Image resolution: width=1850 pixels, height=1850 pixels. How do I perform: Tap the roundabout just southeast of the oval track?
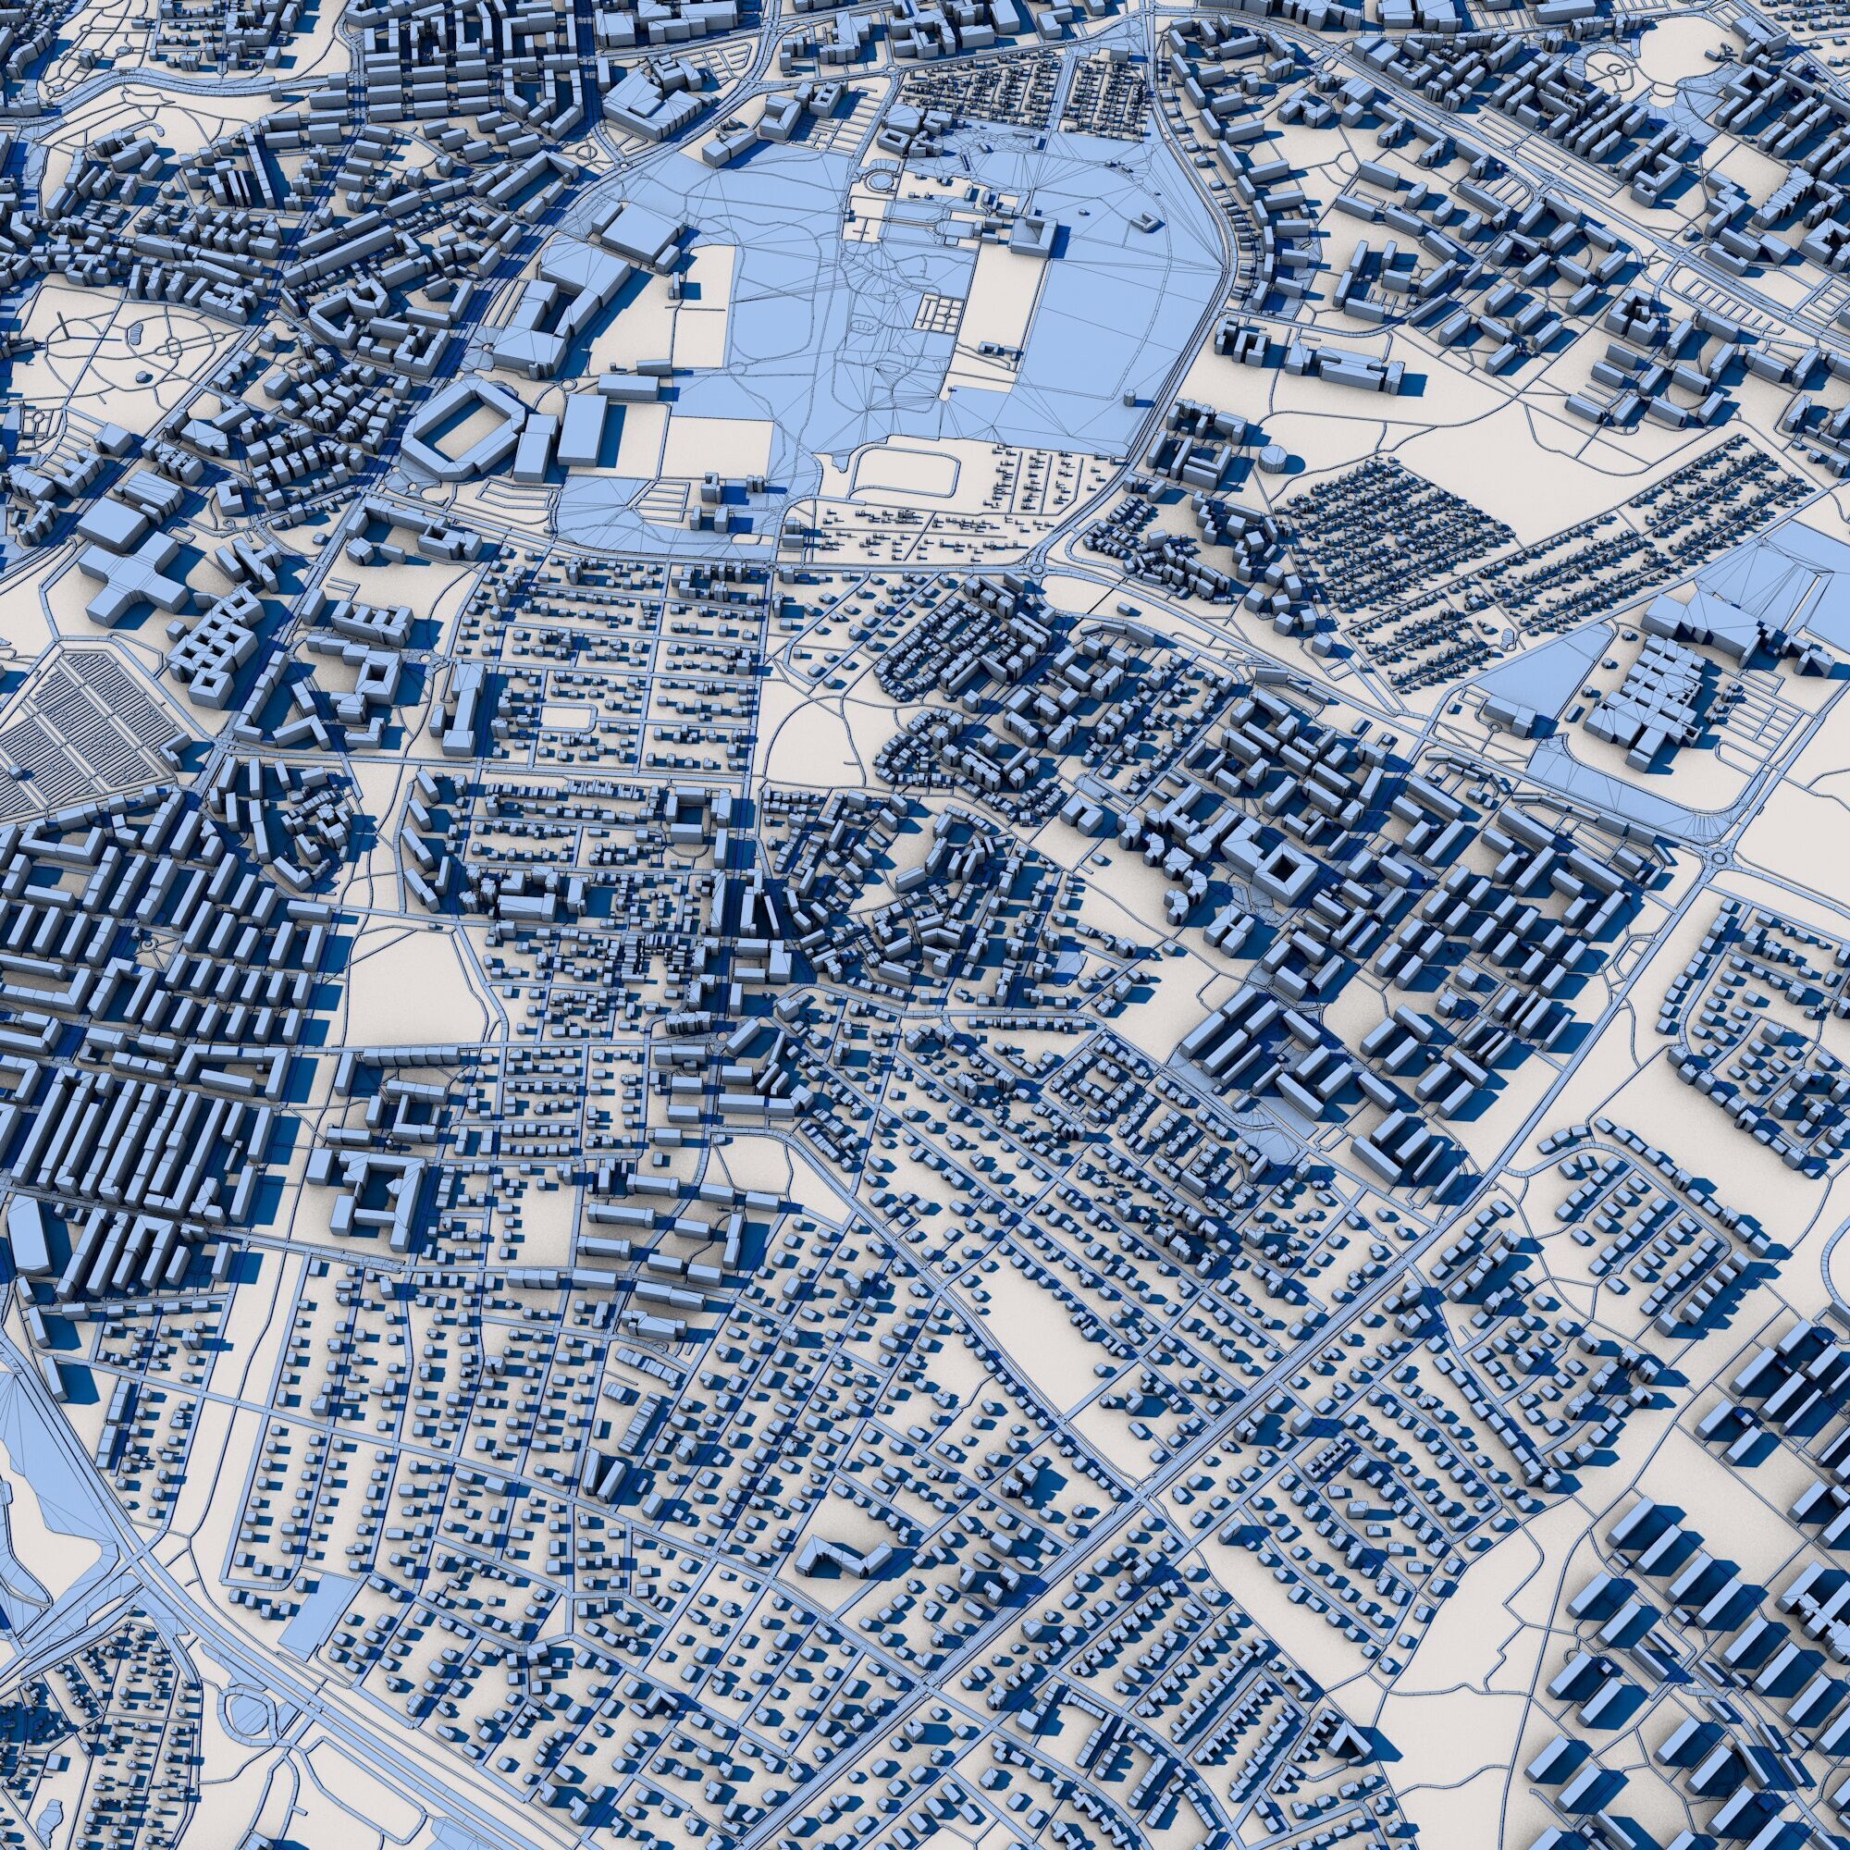click(x=1039, y=571)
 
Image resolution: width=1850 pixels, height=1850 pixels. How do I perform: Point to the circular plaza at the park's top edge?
click(x=877, y=181)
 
